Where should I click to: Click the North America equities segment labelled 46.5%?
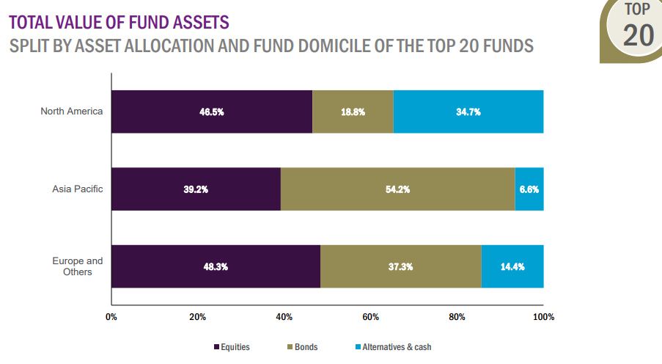[211, 112]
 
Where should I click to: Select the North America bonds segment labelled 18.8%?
[353, 112]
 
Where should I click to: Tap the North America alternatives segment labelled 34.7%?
[468, 112]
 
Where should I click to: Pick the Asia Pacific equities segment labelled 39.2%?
[196, 189]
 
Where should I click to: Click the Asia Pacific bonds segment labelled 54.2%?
[397, 189]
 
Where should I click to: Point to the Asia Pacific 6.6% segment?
[529, 189]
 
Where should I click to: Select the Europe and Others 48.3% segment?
[216, 266]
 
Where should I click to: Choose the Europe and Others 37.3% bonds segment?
[400, 266]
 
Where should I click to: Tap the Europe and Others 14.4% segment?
[512, 266]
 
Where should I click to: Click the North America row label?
[72, 112]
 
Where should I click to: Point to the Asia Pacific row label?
[78, 189]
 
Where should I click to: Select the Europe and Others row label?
[78, 266]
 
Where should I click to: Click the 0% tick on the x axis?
[111, 317]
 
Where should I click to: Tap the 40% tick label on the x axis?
[284, 317]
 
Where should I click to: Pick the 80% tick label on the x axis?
[457, 317]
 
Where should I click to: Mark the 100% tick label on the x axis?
[543, 317]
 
